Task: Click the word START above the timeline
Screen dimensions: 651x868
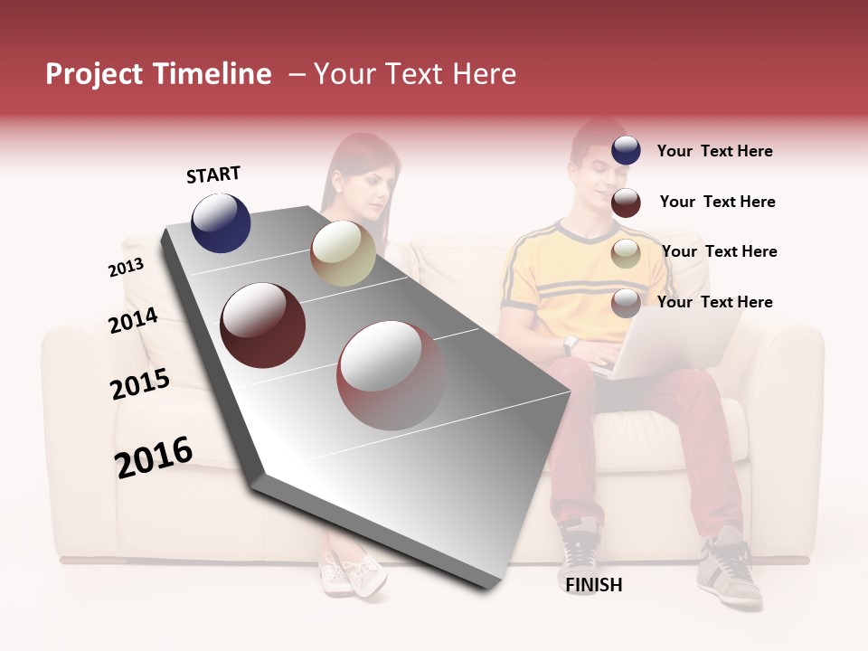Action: click(x=213, y=175)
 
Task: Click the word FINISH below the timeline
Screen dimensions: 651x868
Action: click(x=593, y=585)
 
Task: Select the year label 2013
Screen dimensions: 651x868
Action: click(x=126, y=268)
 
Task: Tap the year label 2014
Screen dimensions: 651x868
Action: click(x=133, y=321)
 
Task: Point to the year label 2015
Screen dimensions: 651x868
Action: click(x=140, y=385)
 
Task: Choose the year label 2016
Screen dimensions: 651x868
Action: click(x=154, y=458)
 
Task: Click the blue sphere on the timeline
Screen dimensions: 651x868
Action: click(x=221, y=222)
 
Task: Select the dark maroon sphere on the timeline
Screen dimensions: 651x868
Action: click(x=262, y=325)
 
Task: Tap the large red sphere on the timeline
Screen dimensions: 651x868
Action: click(x=392, y=375)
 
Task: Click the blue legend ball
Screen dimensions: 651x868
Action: click(x=626, y=151)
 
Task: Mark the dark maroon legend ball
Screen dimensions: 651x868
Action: click(x=626, y=203)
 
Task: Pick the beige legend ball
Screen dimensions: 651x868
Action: click(x=626, y=253)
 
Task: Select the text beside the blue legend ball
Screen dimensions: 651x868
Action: click(x=714, y=151)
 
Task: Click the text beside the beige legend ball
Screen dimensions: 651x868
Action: click(x=719, y=251)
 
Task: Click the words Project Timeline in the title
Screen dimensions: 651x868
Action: click(x=158, y=74)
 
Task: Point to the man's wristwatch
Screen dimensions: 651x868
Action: click(x=571, y=344)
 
